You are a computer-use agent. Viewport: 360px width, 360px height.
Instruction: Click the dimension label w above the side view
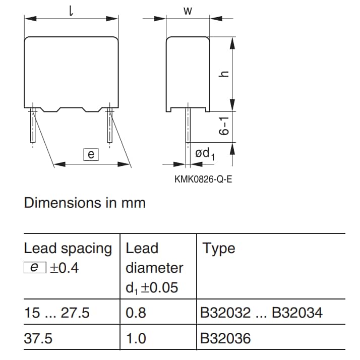[x=188, y=11]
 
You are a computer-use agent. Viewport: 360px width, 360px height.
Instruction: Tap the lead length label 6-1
[x=225, y=126]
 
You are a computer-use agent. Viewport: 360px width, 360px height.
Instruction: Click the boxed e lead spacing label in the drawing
[x=91, y=154]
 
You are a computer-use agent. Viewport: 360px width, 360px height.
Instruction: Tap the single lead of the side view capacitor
[x=187, y=129]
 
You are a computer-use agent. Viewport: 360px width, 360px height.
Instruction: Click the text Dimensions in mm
[x=85, y=203]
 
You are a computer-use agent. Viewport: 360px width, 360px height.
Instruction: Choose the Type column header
[x=218, y=248]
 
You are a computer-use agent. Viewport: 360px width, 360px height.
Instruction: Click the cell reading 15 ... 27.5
[x=57, y=313]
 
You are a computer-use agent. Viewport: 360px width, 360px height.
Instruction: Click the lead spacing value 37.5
[x=38, y=338]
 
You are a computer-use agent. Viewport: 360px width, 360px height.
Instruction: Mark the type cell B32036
[x=225, y=338]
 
